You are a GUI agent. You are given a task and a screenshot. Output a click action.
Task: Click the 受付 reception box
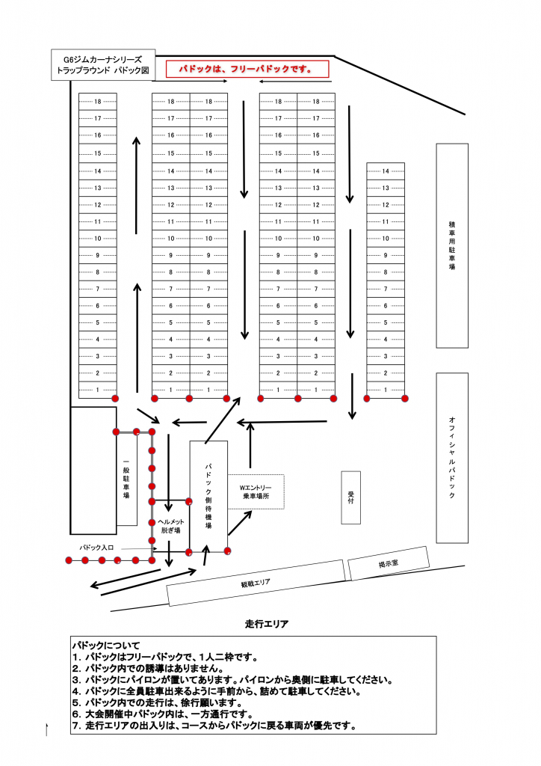point(350,497)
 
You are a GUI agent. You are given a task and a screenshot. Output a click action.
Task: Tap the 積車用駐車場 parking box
point(452,245)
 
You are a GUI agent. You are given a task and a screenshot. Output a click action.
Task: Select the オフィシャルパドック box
point(452,458)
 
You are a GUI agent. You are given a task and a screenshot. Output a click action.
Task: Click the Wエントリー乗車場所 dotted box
point(256,491)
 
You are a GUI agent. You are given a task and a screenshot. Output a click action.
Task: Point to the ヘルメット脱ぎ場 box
point(170,526)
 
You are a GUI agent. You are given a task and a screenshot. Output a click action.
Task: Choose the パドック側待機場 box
point(208,496)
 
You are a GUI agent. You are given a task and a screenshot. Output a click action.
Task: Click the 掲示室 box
point(389,563)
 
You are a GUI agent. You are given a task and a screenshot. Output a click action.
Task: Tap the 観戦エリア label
point(256,582)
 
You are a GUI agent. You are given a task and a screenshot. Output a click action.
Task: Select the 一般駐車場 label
point(126,479)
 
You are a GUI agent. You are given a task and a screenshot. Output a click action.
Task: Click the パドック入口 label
point(96,548)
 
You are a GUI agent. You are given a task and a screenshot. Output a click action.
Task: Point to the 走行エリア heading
point(266,624)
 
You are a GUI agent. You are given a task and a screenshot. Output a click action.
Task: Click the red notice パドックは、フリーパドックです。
point(247,69)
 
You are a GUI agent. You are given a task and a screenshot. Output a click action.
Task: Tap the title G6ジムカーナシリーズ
point(103,60)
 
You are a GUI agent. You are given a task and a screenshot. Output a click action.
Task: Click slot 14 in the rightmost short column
point(386,171)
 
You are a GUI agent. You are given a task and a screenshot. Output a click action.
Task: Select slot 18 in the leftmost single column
point(98,102)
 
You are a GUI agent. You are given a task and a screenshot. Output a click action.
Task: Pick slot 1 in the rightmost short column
point(386,390)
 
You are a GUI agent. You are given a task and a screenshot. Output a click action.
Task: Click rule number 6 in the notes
point(163,714)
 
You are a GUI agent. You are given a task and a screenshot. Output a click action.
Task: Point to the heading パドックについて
point(106,646)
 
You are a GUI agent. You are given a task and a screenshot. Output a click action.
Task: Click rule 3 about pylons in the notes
point(232,680)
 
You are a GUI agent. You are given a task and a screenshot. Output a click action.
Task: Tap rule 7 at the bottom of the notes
point(214,726)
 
